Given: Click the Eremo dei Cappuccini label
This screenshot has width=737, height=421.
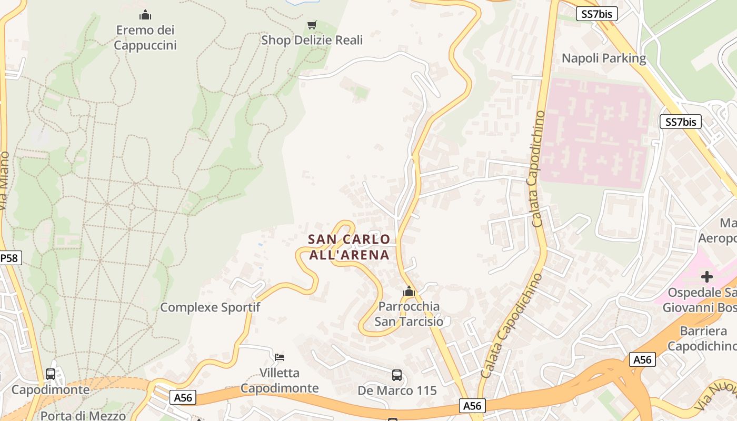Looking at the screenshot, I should [x=145, y=37].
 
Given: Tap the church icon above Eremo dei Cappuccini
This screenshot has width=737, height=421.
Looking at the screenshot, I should [x=145, y=15].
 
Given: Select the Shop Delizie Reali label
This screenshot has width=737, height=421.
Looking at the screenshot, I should [x=312, y=40].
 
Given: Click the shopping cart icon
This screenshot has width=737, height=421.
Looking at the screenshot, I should [x=312, y=25].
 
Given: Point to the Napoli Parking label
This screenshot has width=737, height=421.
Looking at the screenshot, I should [x=604, y=58].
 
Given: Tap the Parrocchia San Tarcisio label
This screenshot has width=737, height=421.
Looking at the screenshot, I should [x=409, y=314].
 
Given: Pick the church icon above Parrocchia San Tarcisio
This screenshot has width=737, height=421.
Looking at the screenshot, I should [x=409, y=290].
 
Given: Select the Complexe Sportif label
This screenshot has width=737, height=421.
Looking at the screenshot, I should [x=210, y=307].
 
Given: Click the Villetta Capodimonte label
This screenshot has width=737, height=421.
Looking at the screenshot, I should [x=280, y=380].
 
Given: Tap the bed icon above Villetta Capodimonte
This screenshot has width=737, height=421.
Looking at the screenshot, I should [x=280, y=357].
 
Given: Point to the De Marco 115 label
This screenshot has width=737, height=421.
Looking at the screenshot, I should [x=397, y=390].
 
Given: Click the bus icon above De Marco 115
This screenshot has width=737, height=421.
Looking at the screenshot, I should [x=397, y=375].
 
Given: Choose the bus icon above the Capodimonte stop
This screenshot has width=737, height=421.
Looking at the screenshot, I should [x=51, y=374].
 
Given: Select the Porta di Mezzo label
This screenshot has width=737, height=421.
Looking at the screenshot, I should [x=83, y=416].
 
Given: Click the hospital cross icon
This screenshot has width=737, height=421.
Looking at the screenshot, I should [x=706, y=276].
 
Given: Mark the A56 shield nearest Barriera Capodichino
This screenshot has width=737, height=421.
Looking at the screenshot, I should [x=642, y=360].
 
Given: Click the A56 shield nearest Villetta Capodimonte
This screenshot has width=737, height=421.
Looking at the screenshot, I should [x=183, y=398].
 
